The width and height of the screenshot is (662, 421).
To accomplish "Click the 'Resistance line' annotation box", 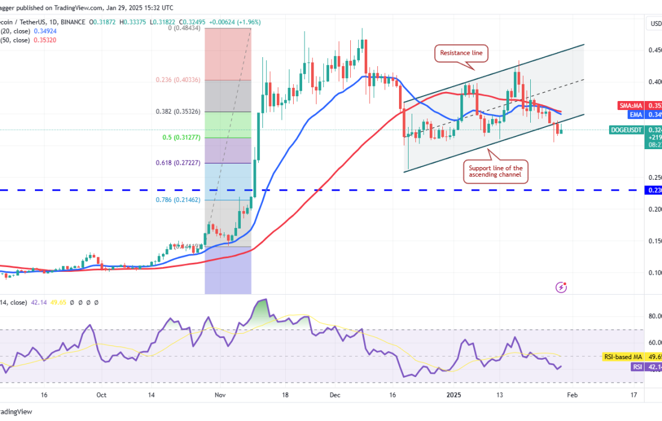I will [461, 53].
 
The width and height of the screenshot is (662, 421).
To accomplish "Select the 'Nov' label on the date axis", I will [219, 395].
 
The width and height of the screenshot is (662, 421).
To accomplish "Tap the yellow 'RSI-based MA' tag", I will [632, 357].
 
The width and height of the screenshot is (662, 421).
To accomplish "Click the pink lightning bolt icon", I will [561, 287].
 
